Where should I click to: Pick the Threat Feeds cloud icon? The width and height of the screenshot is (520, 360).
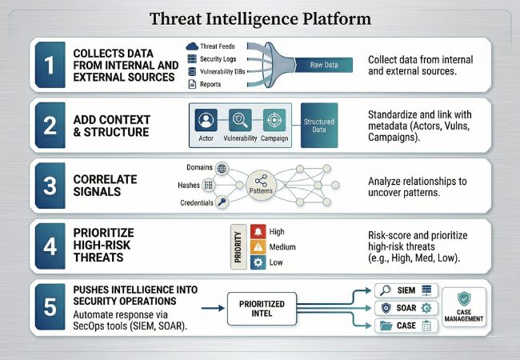pos(193,46)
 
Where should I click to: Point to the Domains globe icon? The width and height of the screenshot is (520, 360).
pos(222,168)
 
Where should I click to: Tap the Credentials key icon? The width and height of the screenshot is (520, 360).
pos(222,203)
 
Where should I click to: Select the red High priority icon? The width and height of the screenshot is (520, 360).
pos(258,231)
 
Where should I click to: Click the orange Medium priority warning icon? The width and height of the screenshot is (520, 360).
pos(258,246)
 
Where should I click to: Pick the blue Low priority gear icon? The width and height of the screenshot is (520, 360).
pos(258,262)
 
